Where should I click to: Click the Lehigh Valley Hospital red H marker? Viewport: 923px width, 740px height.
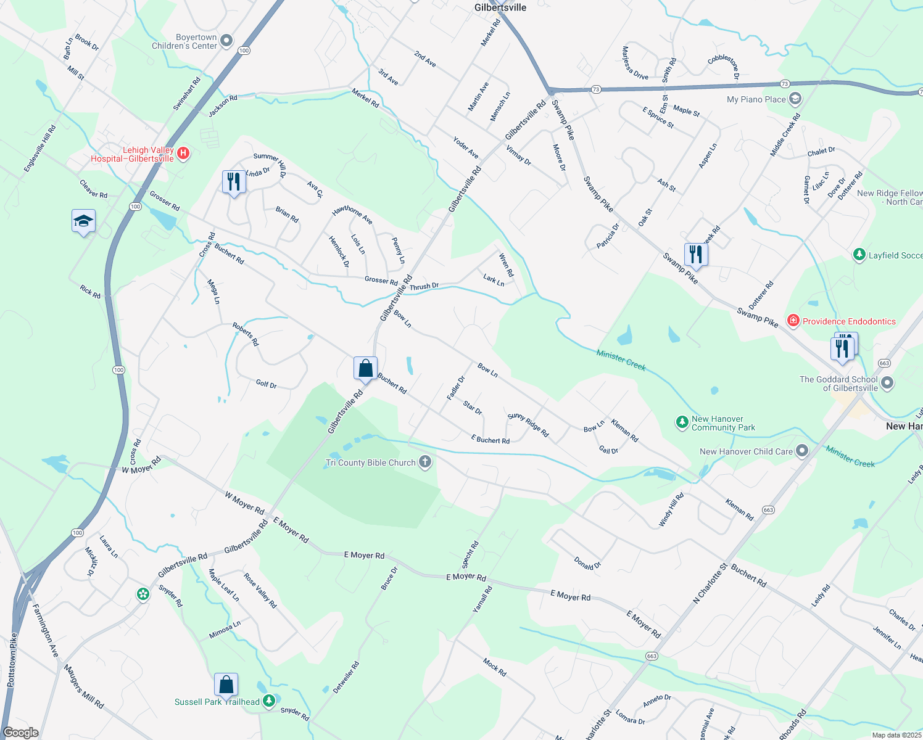coord(183,153)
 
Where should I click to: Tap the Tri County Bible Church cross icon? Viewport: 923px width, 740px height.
coord(424,462)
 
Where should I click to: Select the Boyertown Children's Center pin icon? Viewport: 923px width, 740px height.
coord(226,41)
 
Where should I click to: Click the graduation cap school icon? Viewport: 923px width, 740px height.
coord(83,221)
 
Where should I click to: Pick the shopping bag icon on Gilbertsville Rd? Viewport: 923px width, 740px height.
coord(365,368)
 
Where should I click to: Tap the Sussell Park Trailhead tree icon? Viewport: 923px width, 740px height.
coord(268,701)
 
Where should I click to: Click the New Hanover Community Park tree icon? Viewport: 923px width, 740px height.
coord(682,422)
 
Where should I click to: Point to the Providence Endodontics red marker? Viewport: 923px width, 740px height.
coord(793,321)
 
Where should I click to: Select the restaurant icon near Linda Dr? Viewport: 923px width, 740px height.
coord(233,182)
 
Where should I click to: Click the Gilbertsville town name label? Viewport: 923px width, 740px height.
coord(500,7)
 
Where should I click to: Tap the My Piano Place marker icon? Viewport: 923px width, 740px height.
coord(795,99)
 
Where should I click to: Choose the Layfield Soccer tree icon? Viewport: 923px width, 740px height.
coord(859,254)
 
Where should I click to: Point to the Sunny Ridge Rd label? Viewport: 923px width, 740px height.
coord(528,425)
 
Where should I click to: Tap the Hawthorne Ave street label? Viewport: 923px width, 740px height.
coord(352,215)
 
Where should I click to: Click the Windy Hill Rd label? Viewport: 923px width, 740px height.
coord(671,510)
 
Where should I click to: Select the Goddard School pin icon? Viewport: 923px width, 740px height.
coord(887,383)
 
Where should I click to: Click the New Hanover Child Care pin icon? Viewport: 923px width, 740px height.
coord(801,451)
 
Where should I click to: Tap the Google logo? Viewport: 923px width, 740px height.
coord(20,733)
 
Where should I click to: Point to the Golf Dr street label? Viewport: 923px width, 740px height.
coord(266,384)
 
